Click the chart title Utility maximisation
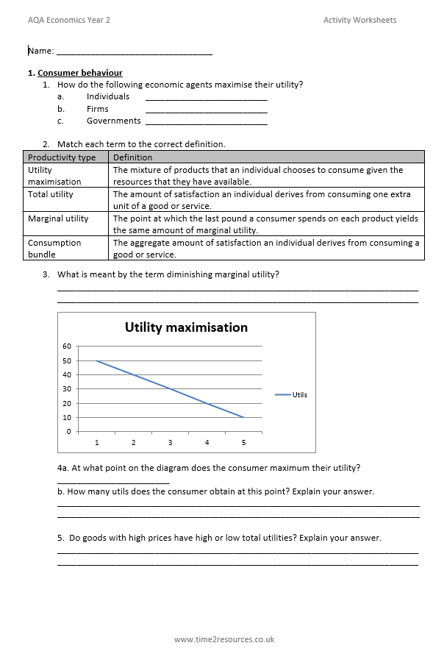coord(186,327)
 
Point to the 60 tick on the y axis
coord(67,346)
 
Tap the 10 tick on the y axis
coord(67,417)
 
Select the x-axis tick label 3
coord(170,442)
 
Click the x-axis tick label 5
coord(243,442)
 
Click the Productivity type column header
coord(62,157)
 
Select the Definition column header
coord(132,157)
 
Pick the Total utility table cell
coord(51,194)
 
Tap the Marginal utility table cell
coord(58,218)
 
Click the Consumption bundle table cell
coord(54,248)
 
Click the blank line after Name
coord(134,53)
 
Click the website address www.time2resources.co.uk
coord(223,639)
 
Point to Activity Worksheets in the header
coord(359,20)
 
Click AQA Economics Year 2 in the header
coord(69,20)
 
